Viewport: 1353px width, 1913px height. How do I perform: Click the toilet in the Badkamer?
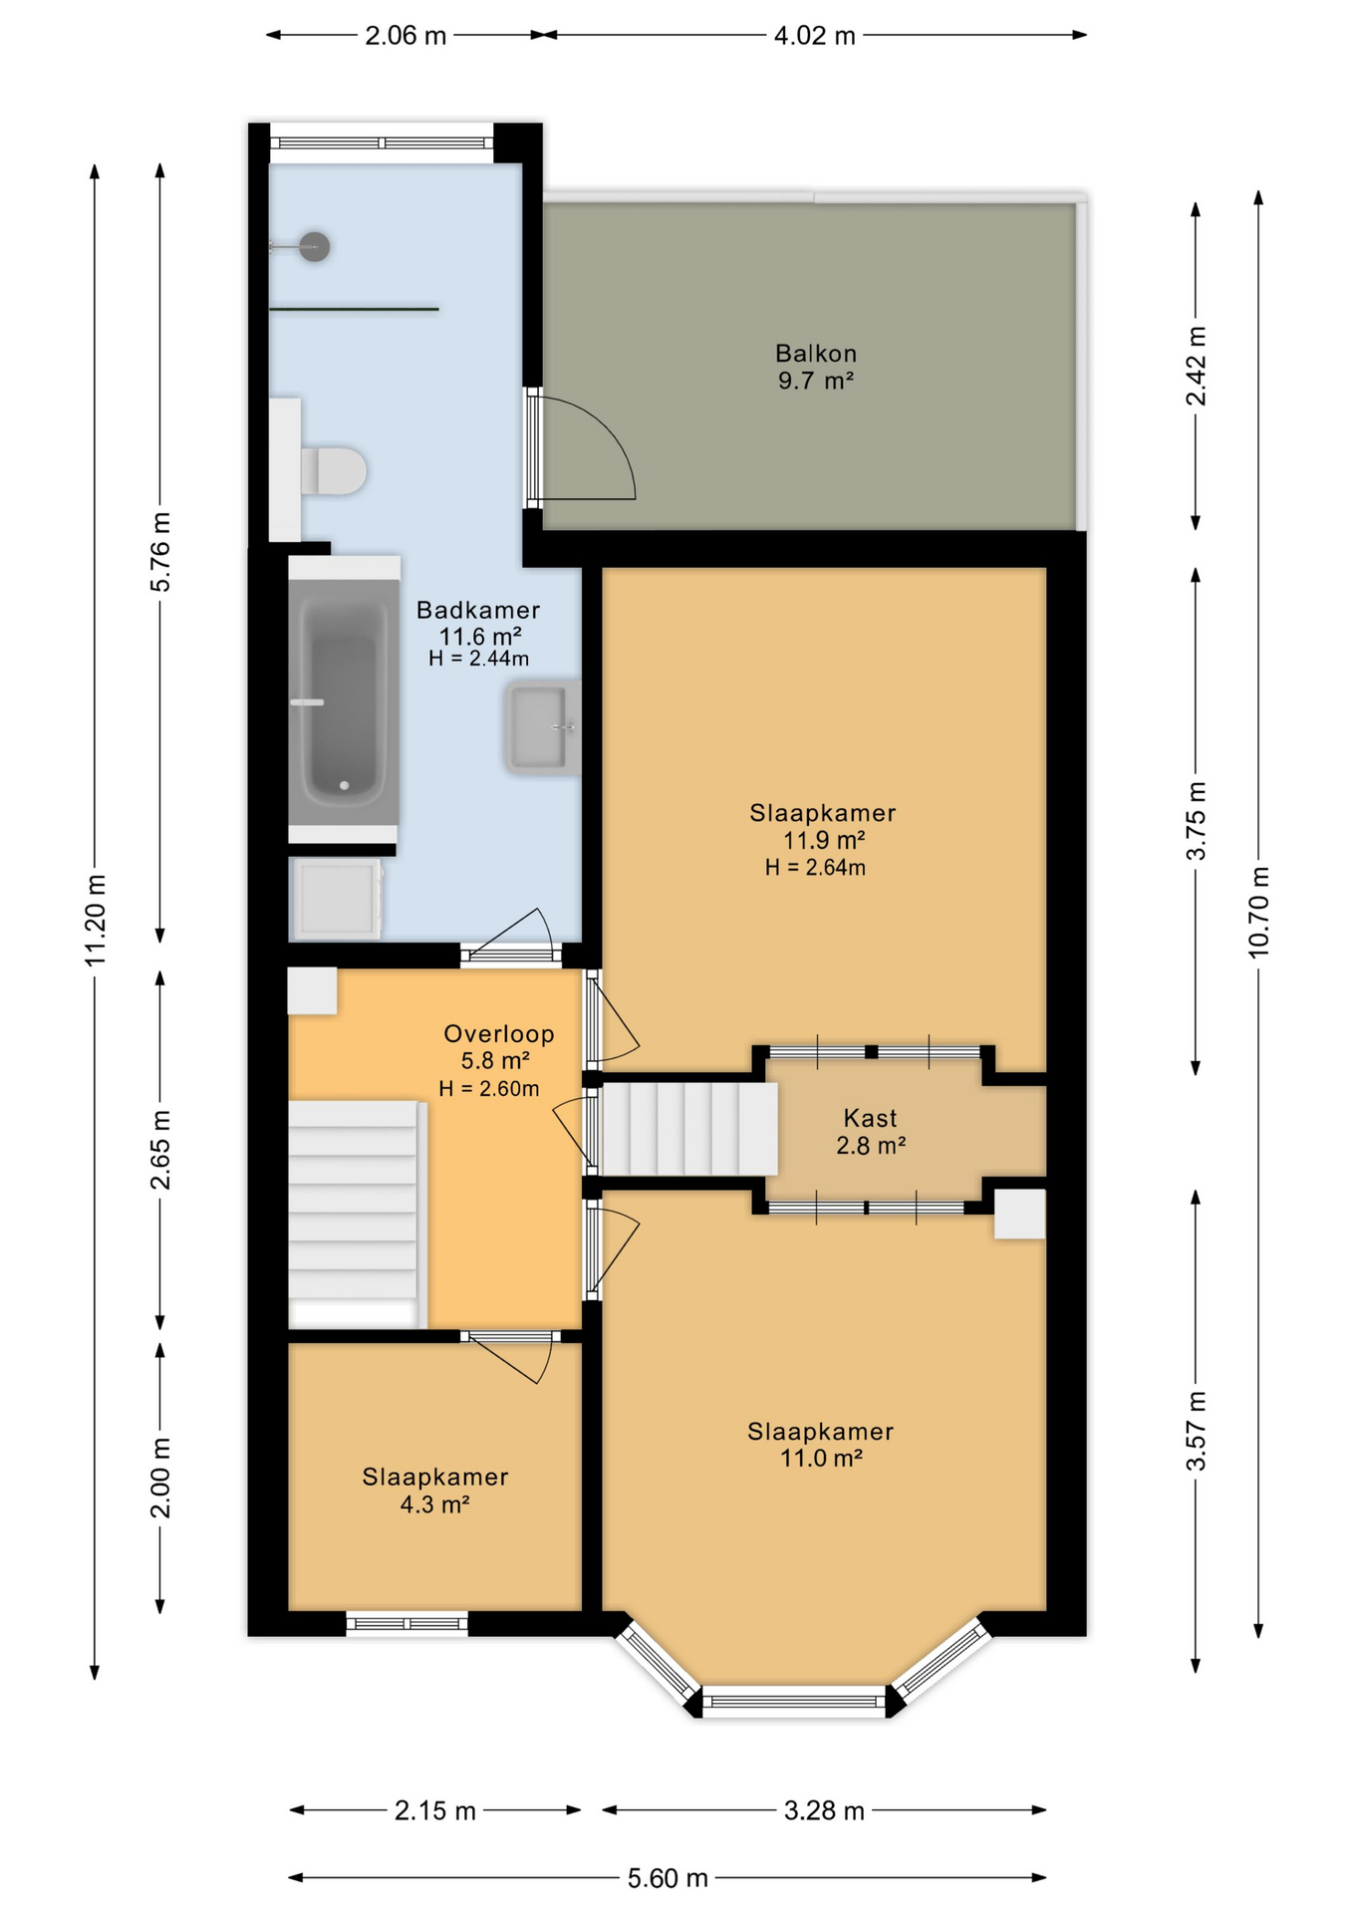point(334,470)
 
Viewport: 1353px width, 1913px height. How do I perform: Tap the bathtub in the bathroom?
point(344,702)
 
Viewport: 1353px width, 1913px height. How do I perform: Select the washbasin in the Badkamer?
point(542,727)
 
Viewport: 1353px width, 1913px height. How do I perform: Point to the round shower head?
point(315,246)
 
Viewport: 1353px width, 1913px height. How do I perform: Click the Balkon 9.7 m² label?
point(816,367)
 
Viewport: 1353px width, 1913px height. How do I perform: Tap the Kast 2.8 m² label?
point(871,1132)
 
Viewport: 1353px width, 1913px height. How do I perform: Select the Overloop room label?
point(498,1034)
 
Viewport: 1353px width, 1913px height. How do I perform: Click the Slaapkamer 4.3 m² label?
point(435,1491)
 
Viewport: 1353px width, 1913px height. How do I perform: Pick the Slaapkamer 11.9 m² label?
point(823,826)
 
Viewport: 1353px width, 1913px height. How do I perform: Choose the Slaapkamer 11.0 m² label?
point(821,1445)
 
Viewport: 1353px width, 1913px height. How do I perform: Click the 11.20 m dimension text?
point(96,920)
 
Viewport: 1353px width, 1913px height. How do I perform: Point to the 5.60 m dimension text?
point(668,1878)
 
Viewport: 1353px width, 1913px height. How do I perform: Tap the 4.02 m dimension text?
point(815,36)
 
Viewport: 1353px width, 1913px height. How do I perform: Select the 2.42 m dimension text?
point(1196,366)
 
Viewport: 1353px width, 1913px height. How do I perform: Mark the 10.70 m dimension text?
point(1259,913)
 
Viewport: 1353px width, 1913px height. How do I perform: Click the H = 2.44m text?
point(479,659)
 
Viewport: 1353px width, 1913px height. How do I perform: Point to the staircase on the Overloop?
point(354,1214)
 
